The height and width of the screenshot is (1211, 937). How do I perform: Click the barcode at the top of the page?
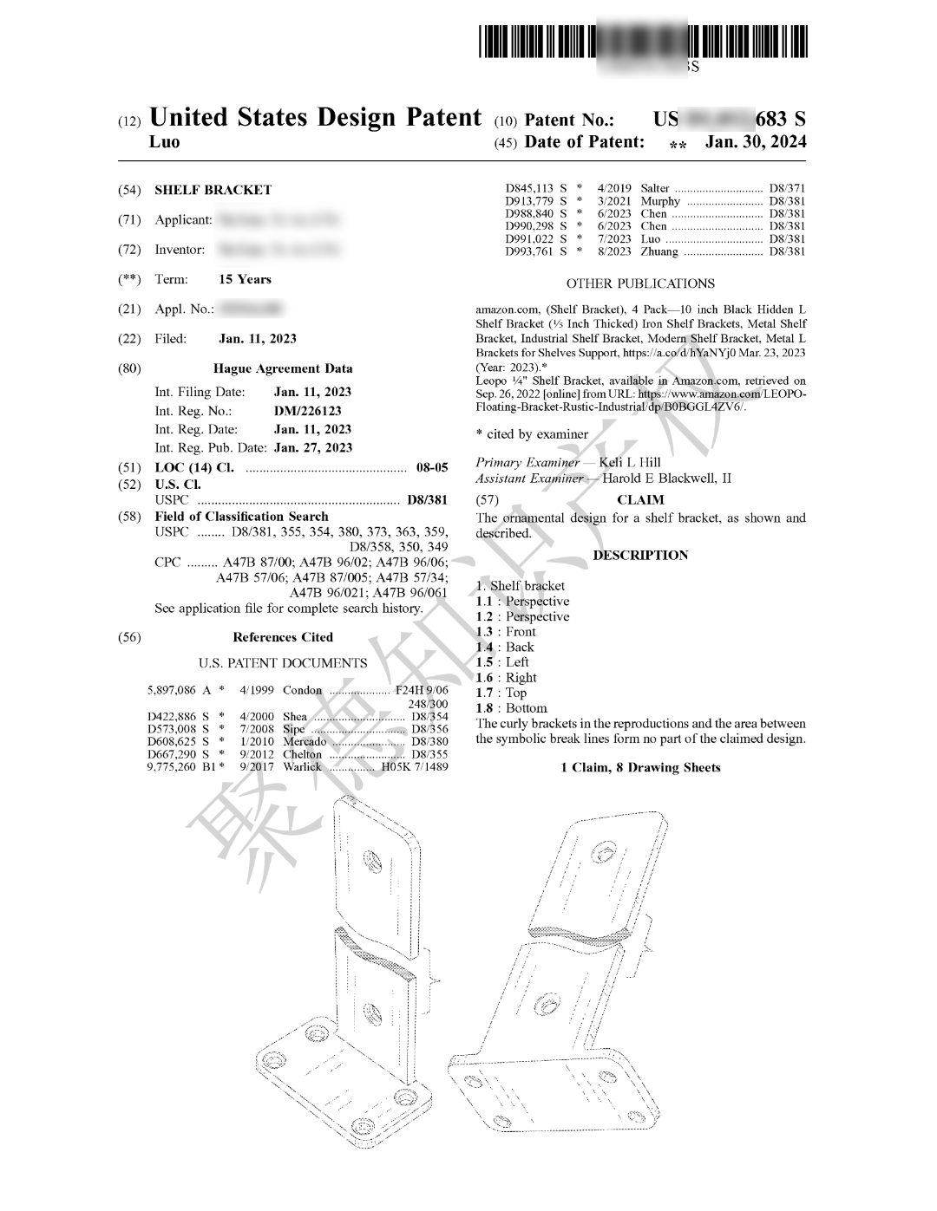642,42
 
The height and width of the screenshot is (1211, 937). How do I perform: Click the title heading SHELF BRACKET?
213,190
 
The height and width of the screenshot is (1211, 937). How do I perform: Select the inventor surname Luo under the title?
165,142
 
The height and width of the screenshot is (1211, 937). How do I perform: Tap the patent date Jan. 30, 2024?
755,142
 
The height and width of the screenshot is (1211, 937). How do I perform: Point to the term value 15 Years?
245,279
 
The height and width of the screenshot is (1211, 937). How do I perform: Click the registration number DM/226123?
307,411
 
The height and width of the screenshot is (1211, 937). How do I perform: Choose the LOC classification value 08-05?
432,467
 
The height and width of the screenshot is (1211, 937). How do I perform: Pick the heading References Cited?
282,637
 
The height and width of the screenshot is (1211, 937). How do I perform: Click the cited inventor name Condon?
302,691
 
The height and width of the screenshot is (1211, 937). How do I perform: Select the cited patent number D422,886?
173,717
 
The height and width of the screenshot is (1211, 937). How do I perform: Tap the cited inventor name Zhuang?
659,251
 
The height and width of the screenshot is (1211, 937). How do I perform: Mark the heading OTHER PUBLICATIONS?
640,283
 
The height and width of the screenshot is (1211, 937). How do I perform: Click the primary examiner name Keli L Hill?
630,462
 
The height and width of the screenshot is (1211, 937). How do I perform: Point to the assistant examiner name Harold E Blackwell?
666,478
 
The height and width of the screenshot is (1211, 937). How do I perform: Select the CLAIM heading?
640,500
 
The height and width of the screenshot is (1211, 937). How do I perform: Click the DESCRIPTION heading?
640,555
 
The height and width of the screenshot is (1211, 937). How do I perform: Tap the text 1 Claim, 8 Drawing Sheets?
640,767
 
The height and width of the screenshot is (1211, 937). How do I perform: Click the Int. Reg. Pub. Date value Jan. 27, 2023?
312,448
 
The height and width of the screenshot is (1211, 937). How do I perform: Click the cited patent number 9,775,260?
172,767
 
